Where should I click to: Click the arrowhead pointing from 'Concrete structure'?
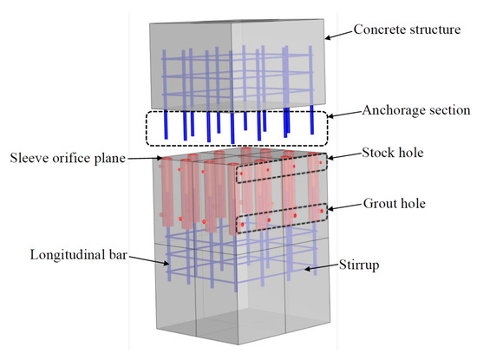pos(327,36)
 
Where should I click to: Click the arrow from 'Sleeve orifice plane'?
pos(139,159)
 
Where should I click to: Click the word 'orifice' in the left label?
pos(68,158)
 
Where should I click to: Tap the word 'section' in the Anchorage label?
pos(440,109)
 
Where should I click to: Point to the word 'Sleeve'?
pos(29,158)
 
